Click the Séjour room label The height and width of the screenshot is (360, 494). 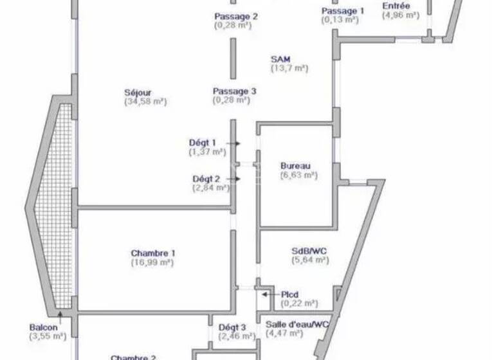tap(138, 92)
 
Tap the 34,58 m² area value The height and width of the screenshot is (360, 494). tap(145, 102)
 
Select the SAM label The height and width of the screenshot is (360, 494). tap(280, 59)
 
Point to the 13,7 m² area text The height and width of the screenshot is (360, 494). tap(289, 68)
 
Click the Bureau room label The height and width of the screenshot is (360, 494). tap(295, 165)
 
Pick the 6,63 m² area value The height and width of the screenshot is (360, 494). tap(298, 175)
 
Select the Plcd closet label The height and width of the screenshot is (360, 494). tap(289, 294)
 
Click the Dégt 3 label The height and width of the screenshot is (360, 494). tap(232, 327)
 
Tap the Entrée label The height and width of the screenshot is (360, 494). tap(396, 6)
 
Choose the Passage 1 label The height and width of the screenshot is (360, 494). tap(343, 11)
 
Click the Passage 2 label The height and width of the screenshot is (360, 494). tap(236, 17)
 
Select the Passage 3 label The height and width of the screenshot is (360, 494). tap(235, 91)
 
